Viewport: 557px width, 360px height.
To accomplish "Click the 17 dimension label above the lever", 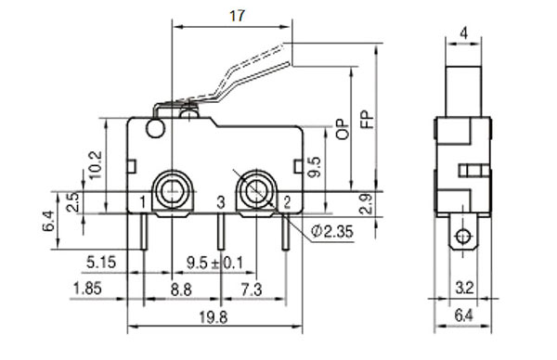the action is (x=238, y=16).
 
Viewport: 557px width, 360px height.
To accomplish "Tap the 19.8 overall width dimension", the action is (x=213, y=317).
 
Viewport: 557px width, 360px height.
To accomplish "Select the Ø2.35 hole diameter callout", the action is (x=332, y=231).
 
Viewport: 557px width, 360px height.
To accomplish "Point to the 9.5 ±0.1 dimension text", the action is (x=215, y=264).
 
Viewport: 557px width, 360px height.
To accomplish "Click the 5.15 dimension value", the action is (x=101, y=263).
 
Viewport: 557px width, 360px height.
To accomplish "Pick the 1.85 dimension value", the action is (x=87, y=289).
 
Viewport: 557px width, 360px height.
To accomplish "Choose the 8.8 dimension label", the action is (x=181, y=289).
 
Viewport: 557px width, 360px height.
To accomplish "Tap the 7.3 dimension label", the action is (x=252, y=289).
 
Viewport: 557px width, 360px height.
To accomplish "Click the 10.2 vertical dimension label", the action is (x=96, y=165).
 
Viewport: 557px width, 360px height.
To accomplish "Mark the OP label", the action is (x=343, y=129).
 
